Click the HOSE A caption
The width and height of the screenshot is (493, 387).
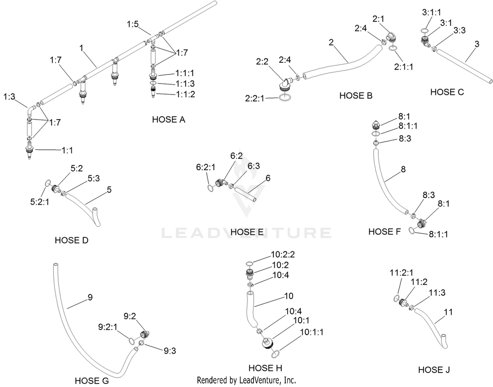[x=169, y=120]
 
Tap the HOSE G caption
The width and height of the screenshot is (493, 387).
[x=92, y=380]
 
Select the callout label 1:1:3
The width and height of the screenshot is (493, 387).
[x=185, y=84]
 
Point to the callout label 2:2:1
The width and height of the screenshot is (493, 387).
[x=255, y=99]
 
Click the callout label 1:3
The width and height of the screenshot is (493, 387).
[x=9, y=97]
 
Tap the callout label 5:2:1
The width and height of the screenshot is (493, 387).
[x=40, y=202]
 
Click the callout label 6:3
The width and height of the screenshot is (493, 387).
[x=254, y=166]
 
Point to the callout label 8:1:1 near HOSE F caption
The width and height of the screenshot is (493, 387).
[x=438, y=234]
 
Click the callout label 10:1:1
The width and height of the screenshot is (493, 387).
[x=312, y=332]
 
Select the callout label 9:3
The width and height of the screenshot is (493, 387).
[x=170, y=351]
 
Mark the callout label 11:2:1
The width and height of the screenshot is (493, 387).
[x=402, y=272]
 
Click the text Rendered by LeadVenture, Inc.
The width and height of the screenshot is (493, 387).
[x=246, y=380]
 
